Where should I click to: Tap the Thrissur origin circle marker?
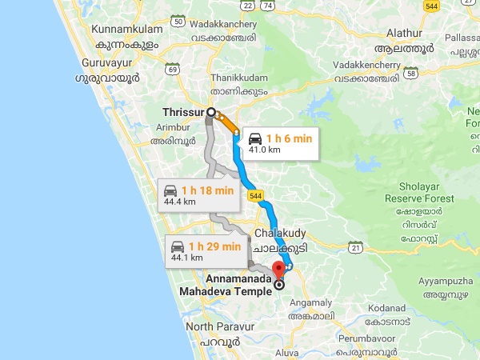tap(211, 113)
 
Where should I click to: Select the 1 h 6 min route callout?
tap(280, 142)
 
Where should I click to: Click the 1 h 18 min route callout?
tap(198, 194)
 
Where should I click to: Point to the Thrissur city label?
tap(182, 113)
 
